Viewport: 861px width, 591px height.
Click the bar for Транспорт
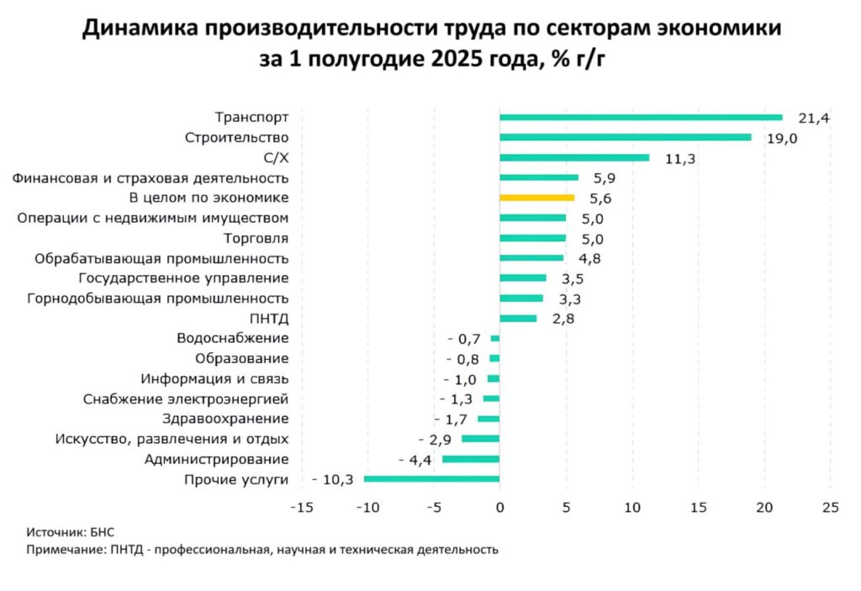(x=641, y=118)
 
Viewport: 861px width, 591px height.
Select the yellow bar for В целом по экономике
(x=536, y=198)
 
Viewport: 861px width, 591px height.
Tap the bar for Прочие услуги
(x=431, y=479)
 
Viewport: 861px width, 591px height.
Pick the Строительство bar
(x=625, y=138)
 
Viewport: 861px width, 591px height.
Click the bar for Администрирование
(x=471, y=459)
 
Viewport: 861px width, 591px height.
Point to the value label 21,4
(x=814, y=119)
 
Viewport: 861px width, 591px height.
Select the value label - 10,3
(x=331, y=480)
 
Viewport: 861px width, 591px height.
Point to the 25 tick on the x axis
(x=831, y=508)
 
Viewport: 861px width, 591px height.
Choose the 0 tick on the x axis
(x=499, y=508)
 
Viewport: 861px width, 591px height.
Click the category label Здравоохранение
(x=225, y=419)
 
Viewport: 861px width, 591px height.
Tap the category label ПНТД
(x=269, y=319)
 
